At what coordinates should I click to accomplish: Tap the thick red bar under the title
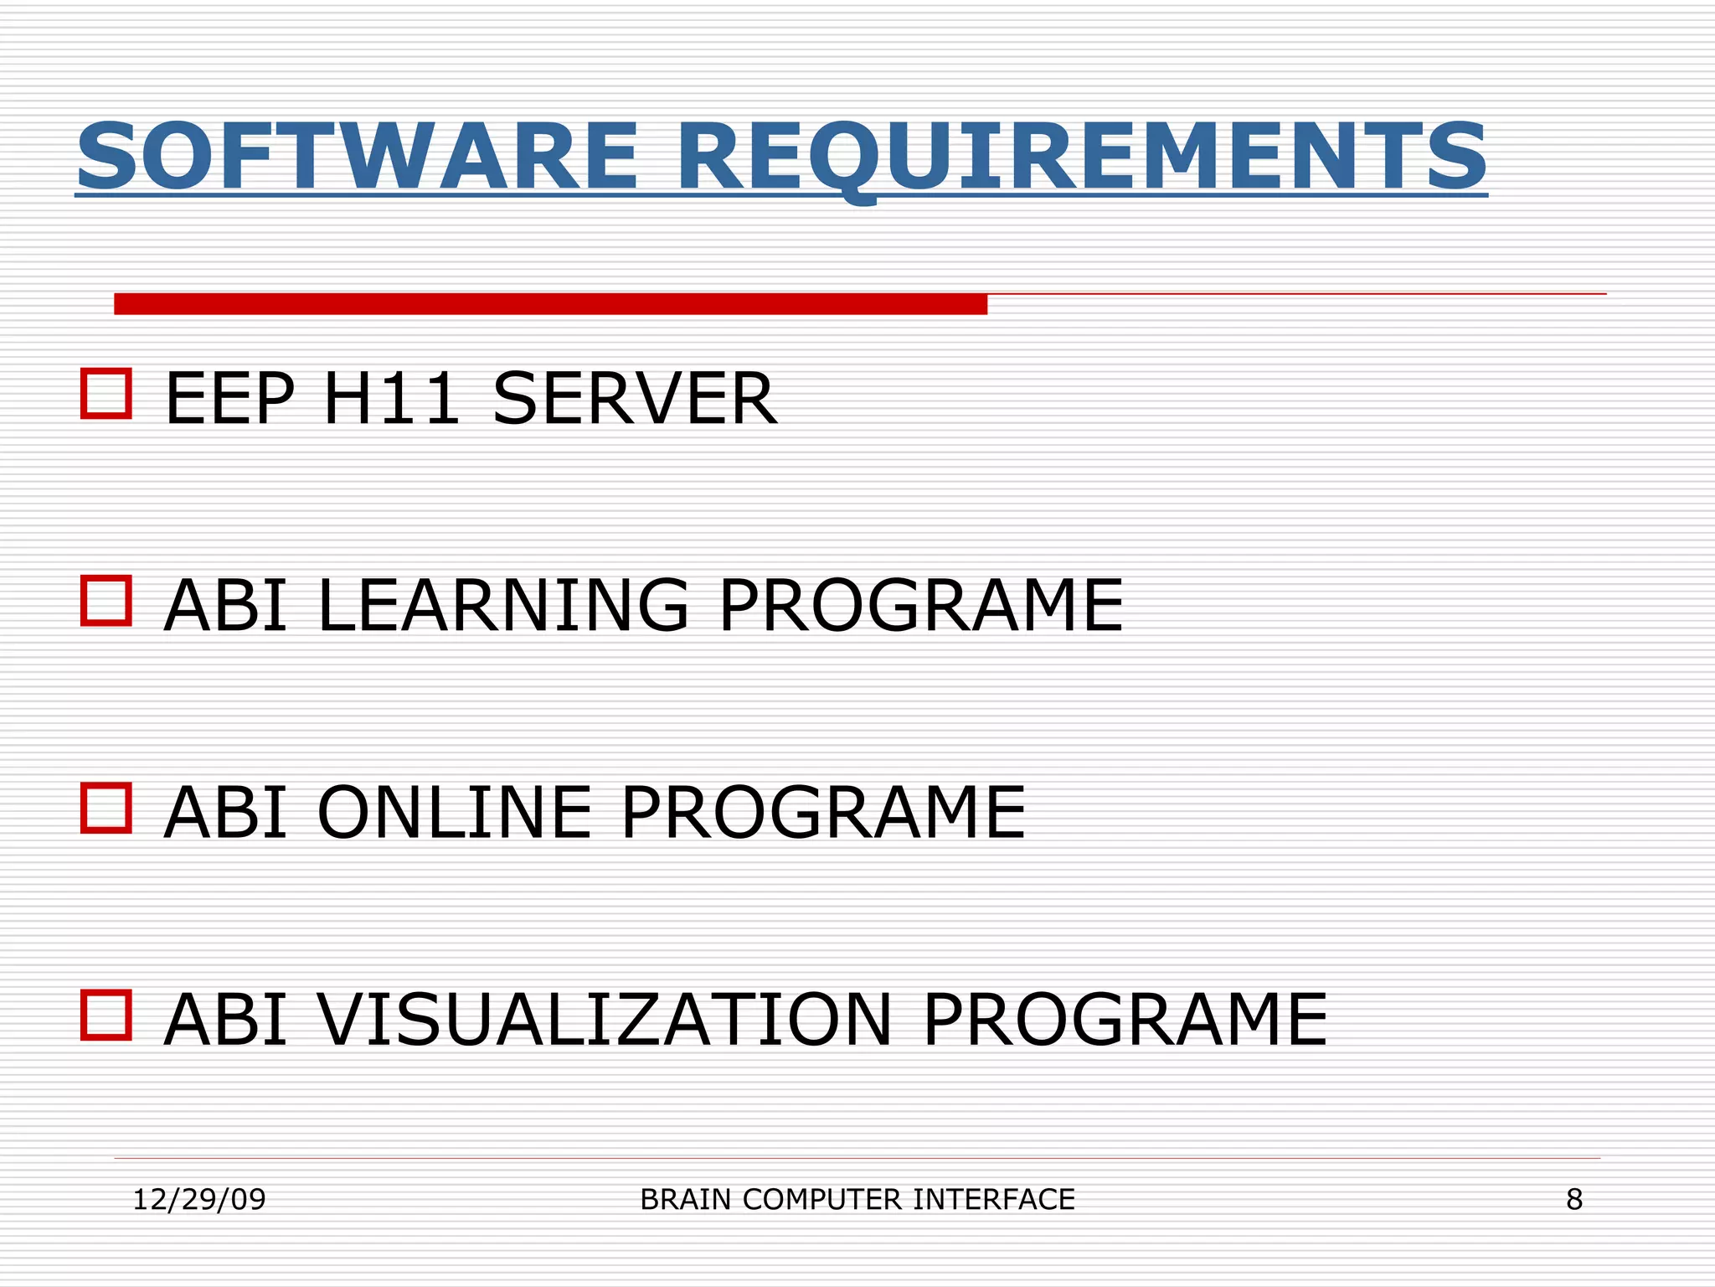point(550,304)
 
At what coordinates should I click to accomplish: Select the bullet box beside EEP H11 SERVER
point(106,393)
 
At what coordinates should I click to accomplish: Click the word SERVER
point(635,399)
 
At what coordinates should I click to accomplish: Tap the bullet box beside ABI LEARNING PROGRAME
point(106,600)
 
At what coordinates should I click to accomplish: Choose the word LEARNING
point(503,605)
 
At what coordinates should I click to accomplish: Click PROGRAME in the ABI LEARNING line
point(921,605)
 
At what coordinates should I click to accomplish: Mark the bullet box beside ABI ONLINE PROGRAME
point(106,808)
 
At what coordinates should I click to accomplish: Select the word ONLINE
point(455,812)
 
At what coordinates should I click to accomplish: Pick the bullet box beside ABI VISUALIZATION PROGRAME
point(106,1015)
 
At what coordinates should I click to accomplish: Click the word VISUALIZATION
point(605,1020)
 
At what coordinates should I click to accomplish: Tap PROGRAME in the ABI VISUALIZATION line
point(1125,1020)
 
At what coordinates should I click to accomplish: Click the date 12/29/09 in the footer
point(199,1200)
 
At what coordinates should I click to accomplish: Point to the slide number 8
point(1574,1200)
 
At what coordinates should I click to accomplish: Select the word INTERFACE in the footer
point(993,1200)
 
